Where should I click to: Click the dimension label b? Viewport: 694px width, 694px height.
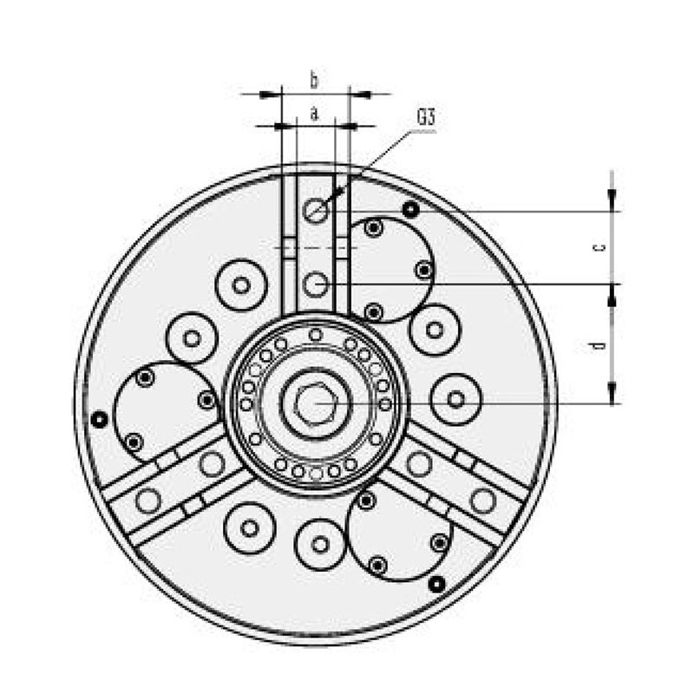[314, 82]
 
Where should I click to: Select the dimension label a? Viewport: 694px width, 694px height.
[314, 113]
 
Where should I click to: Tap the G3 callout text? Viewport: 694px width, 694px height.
[425, 116]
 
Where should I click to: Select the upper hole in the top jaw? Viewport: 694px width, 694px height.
[316, 208]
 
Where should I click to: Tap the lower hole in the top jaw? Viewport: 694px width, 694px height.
[316, 282]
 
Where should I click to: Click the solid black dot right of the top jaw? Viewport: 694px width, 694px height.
[410, 209]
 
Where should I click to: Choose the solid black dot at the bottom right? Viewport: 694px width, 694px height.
[437, 582]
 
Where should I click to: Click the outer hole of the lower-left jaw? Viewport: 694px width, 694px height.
[148, 501]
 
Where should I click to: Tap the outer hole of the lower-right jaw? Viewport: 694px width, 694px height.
[482, 501]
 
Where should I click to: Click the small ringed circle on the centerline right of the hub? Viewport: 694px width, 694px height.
[455, 400]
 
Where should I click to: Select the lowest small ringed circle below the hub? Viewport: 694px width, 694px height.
[321, 544]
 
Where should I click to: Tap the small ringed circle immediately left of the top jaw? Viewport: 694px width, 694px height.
[241, 285]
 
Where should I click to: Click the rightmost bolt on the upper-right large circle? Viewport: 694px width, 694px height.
[423, 271]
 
